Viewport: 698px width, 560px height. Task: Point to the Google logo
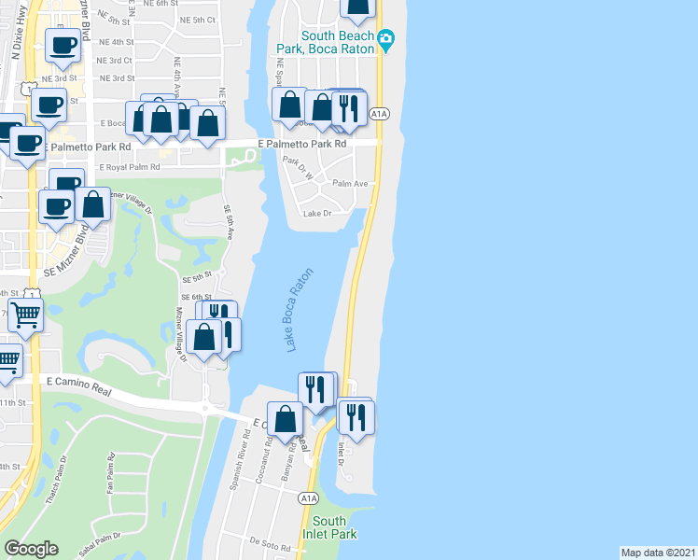coord(31,548)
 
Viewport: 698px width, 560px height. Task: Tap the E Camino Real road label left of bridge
coord(78,387)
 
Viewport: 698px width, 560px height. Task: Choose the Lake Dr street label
coord(318,213)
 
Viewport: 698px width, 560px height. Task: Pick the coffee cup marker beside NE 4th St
coord(63,45)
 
